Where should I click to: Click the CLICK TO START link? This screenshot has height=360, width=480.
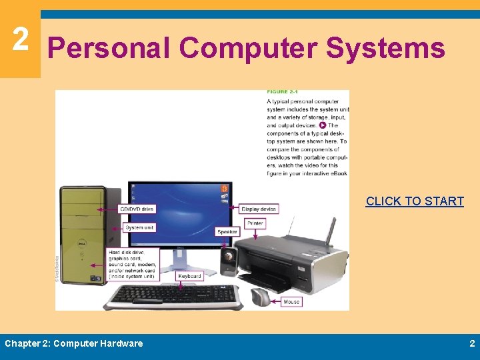click(415, 201)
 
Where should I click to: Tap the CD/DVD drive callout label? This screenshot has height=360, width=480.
click(137, 209)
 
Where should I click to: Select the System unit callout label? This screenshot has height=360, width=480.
click(139, 227)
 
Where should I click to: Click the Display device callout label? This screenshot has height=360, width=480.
click(259, 209)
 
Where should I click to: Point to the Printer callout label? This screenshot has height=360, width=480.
click(255, 223)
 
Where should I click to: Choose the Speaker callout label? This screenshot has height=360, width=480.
click(227, 232)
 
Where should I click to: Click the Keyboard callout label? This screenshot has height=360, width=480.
click(189, 276)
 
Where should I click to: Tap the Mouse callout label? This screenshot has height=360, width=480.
click(291, 301)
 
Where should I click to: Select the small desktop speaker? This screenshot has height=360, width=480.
click(228, 260)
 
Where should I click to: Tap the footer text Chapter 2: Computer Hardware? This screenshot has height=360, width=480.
click(73, 343)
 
